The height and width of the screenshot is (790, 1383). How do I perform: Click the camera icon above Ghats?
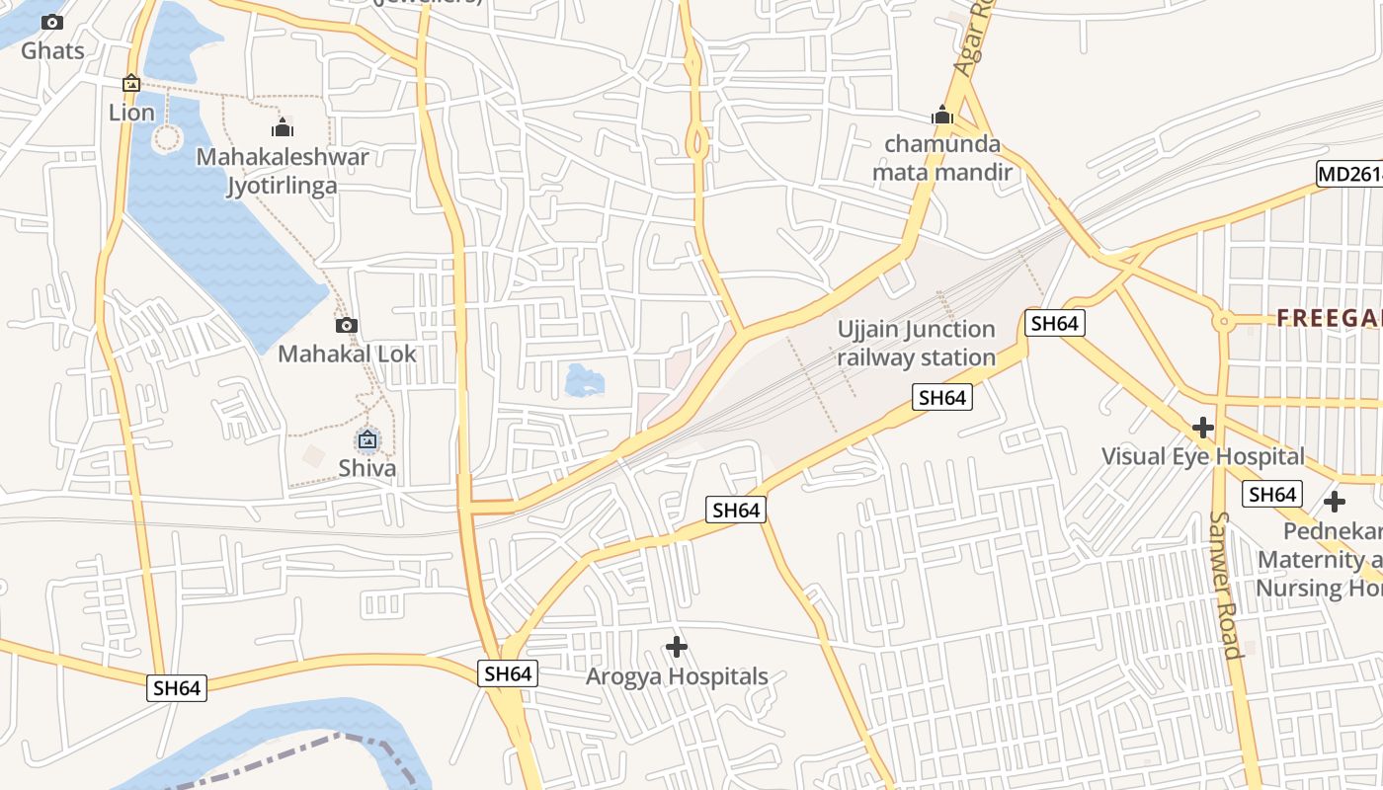pyautogui.click(x=52, y=22)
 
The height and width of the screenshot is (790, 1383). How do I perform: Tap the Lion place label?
pyautogui.click(x=131, y=113)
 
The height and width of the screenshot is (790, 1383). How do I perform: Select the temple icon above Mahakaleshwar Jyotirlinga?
pyautogui.click(x=283, y=128)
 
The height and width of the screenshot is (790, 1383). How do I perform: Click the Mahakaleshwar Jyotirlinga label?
pyautogui.click(x=283, y=171)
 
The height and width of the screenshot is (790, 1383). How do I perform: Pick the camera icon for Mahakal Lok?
pyautogui.click(x=346, y=325)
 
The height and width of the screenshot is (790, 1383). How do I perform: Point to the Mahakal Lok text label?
pyautogui.click(x=347, y=354)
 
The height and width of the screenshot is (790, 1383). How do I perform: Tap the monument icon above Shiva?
pyautogui.click(x=367, y=439)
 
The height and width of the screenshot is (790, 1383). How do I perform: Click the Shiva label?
pyautogui.click(x=367, y=468)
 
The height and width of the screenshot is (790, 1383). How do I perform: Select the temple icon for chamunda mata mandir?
pyautogui.click(x=942, y=116)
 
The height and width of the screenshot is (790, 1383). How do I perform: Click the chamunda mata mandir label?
pyautogui.click(x=942, y=158)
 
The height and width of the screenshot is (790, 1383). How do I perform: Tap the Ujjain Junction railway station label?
pyautogui.click(x=916, y=343)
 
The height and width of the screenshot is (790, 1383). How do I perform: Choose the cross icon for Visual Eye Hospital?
pyautogui.click(x=1202, y=428)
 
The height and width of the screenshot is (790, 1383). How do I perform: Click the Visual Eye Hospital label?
pyautogui.click(x=1202, y=456)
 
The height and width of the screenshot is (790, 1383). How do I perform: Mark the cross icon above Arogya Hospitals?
pyautogui.click(x=677, y=648)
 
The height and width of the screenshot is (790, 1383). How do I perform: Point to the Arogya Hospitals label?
pyautogui.click(x=677, y=676)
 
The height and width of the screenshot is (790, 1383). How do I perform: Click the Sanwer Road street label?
pyautogui.click(x=1224, y=585)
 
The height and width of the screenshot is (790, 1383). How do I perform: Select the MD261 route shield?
pyautogui.click(x=1349, y=175)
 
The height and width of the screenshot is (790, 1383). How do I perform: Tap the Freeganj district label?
pyautogui.click(x=1329, y=318)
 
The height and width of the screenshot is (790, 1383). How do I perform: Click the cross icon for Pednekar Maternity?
pyautogui.click(x=1335, y=502)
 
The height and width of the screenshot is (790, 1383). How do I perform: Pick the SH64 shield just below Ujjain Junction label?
pyautogui.click(x=941, y=397)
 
